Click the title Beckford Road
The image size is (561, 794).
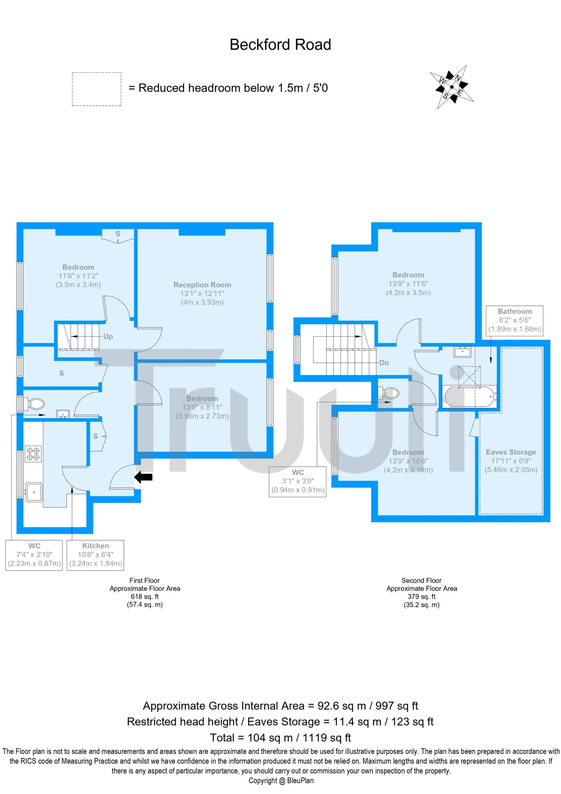280,45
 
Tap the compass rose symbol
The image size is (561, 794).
451,87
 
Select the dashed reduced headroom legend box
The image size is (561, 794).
96,89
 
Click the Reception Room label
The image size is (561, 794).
202,285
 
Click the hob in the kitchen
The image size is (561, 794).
33,454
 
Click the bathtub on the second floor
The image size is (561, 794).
470,397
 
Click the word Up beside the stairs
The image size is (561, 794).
108,337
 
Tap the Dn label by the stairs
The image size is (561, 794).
384,363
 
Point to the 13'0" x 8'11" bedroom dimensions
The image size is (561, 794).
202,407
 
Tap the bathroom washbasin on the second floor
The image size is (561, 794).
462,352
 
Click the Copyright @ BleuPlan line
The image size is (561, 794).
281,781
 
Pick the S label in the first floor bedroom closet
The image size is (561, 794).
118,234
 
